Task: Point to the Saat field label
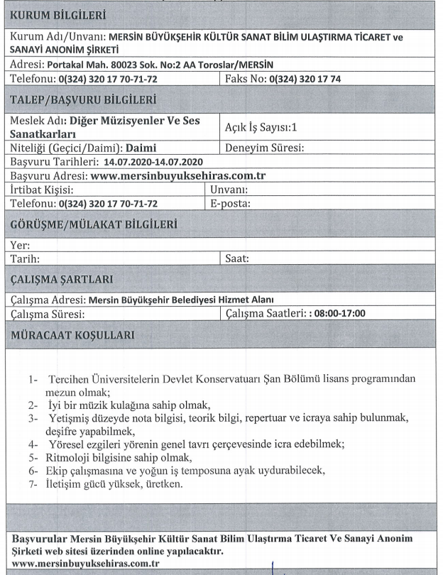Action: pos(236,259)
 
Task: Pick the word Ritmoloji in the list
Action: pos(71,458)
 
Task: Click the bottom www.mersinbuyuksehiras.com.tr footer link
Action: pos(86,563)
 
